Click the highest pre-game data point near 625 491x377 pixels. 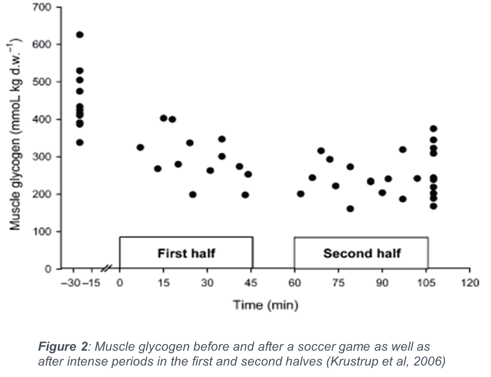tap(80, 35)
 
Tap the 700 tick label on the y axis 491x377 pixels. tap(42, 7)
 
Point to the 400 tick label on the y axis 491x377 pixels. tap(42, 119)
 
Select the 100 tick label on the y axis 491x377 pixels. tap(42, 232)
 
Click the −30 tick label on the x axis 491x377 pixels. tap(71, 283)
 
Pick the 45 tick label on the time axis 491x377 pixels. tap(251, 283)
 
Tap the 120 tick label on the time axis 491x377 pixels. tap(470, 283)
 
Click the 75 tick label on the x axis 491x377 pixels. tap(338, 283)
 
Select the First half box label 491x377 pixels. tap(186, 253)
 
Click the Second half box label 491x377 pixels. tap(362, 253)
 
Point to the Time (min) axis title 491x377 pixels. tap(266, 305)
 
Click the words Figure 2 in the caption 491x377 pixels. tap(63, 347)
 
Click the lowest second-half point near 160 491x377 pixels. tap(350, 209)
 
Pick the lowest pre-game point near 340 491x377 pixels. tap(80, 143)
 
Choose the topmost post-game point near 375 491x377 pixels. tap(433, 128)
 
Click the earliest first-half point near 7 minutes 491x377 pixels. tap(140, 147)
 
